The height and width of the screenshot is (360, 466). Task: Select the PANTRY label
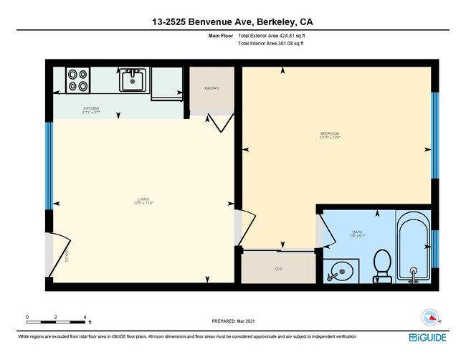pos(211,88)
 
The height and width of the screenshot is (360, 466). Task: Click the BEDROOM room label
pos(330,134)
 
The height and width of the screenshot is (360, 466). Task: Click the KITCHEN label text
pos(91,110)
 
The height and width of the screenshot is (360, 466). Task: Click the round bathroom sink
pos(340,271)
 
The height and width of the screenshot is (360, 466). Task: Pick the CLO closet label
pos(277,269)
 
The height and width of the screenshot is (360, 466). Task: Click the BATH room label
pos(357,232)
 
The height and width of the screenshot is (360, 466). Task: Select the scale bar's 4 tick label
pos(85,316)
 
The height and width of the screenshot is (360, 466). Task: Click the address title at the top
pos(233,22)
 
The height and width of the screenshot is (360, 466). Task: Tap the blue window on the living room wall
pos(49,166)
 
